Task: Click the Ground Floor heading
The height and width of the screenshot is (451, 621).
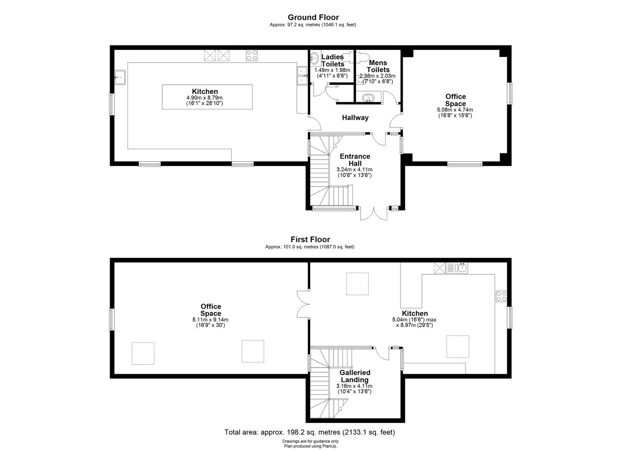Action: (x=313, y=18)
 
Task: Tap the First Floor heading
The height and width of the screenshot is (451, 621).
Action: (x=310, y=239)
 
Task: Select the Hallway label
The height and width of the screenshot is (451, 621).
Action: (x=355, y=118)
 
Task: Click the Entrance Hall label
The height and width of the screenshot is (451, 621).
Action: (x=355, y=160)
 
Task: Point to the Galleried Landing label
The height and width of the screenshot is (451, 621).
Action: (x=355, y=376)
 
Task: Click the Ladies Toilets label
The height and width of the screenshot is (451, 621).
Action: (x=332, y=61)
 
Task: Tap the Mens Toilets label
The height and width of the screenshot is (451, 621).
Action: (x=378, y=66)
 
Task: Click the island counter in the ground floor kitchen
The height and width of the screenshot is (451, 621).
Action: (x=207, y=97)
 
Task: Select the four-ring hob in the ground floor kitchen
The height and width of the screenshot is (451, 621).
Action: (x=251, y=56)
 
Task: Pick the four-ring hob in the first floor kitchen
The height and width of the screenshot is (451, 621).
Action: (x=501, y=296)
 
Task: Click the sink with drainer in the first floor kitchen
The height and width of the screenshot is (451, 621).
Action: (x=457, y=268)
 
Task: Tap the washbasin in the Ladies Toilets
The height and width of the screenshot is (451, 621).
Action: (x=314, y=58)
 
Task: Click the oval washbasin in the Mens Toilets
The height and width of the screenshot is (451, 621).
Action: (x=368, y=98)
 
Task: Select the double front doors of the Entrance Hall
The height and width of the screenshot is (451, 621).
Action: (x=374, y=213)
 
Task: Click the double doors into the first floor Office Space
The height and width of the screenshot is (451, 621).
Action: (x=303, y=304)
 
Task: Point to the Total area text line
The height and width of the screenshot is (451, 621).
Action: (x=310, y=432)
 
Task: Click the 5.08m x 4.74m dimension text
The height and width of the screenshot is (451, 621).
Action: (x=455, y=110)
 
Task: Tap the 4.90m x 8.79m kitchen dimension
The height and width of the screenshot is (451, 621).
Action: (x=204, y=98)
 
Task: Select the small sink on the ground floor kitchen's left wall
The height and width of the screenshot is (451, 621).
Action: (x=120, y=77)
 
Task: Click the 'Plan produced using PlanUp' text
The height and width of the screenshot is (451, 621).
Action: (x=310, y=446)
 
